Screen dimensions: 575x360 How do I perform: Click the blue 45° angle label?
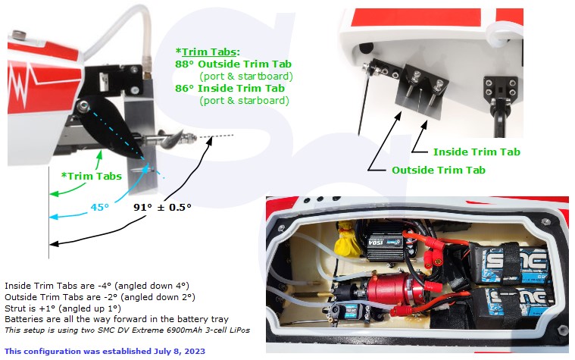click(x=100, y=208)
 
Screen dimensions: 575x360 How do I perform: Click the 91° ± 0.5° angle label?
click(x=162, y=208)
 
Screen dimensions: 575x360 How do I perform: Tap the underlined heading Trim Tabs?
click(x=208, y=52)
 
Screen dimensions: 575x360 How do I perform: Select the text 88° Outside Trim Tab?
click(x=233, y=64)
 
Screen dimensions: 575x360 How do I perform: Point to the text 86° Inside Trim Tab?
click(x=230, y=89)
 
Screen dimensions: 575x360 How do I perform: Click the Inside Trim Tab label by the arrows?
click(x=477, y=152)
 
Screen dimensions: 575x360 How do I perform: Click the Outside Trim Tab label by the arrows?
click(x=439, y=170)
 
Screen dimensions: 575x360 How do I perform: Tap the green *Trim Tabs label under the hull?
click(x=92, y=176)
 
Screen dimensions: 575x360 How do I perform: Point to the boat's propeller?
click(x=172, y=139)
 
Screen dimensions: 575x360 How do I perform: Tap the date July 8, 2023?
click(x=180, y=351)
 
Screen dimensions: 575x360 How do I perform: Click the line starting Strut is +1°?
click(x=63, y=308)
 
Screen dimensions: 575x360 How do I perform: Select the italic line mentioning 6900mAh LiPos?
click(x=127, y=330)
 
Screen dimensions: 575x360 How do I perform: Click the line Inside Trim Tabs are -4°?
click(x=97, y=286)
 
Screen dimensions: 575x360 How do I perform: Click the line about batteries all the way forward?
click(x=117, y=319)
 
